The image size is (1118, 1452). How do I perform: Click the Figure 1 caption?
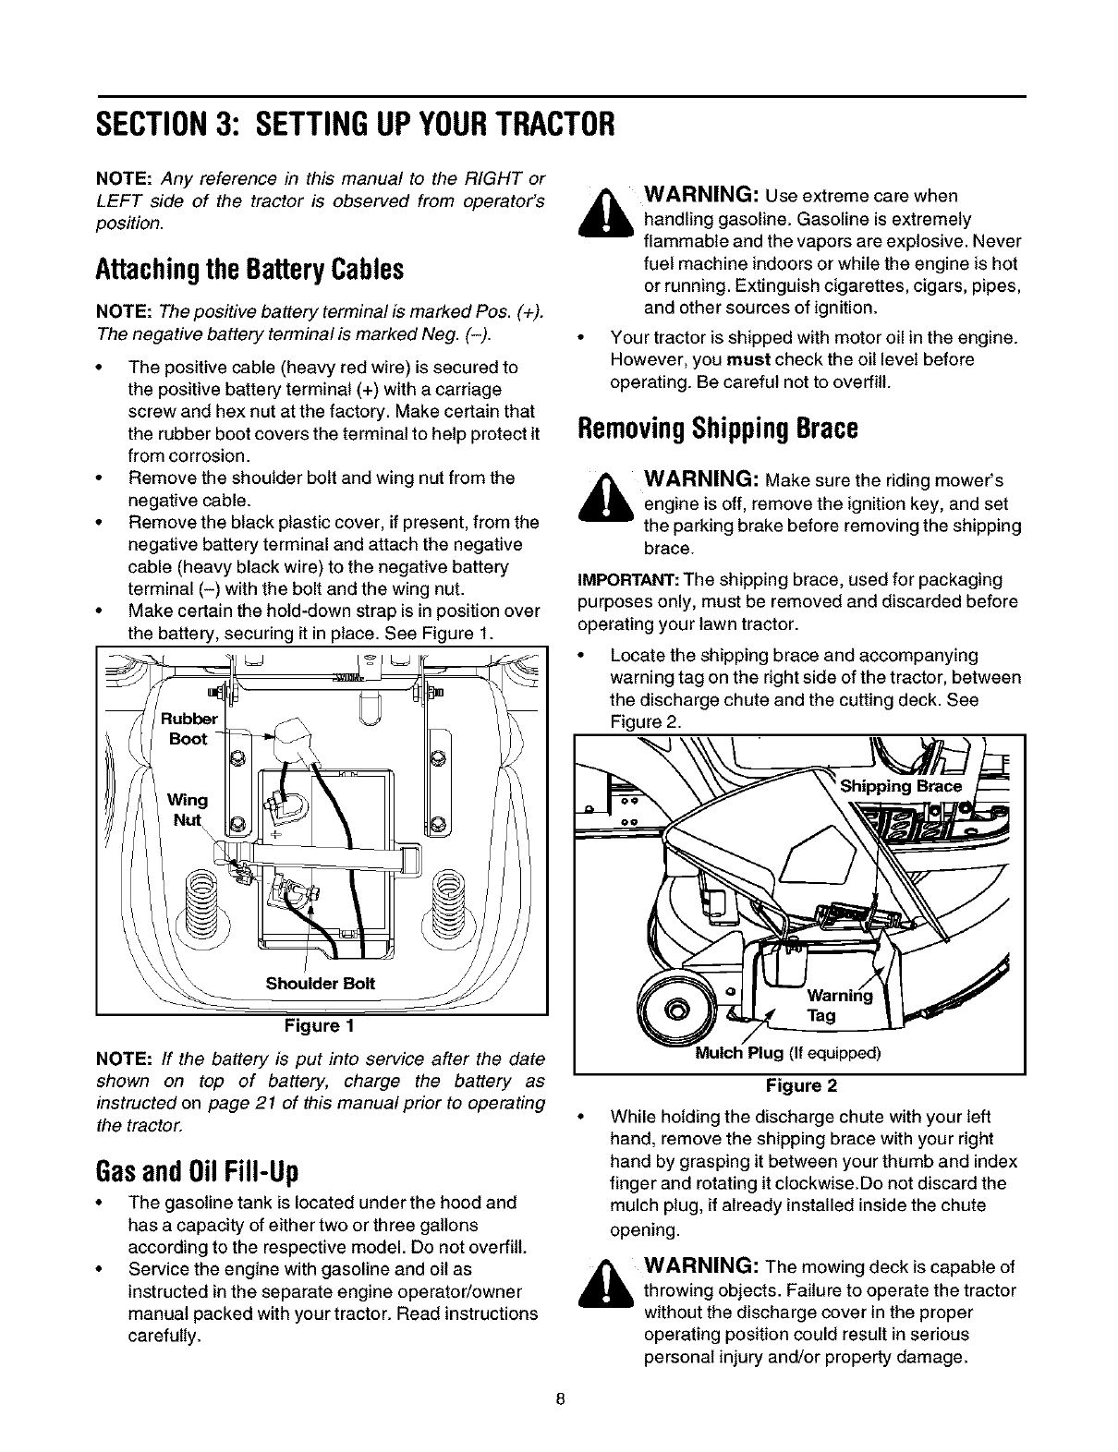point(322,1026)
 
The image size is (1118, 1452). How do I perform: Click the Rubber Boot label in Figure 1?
point(188,729)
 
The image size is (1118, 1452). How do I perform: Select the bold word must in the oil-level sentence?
point(749,359)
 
